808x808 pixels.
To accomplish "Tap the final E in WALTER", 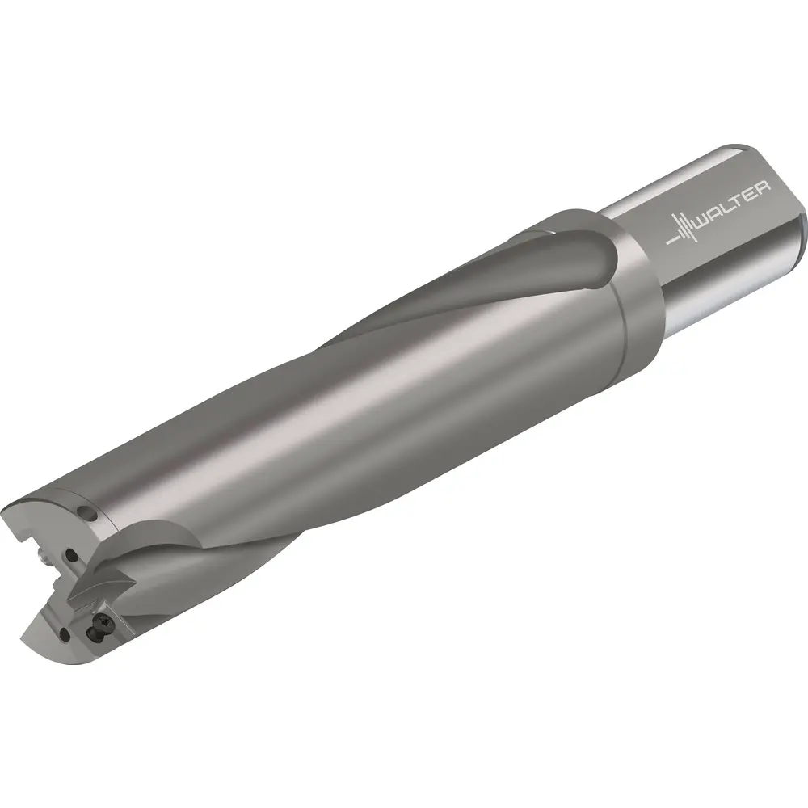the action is point(751,194).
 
